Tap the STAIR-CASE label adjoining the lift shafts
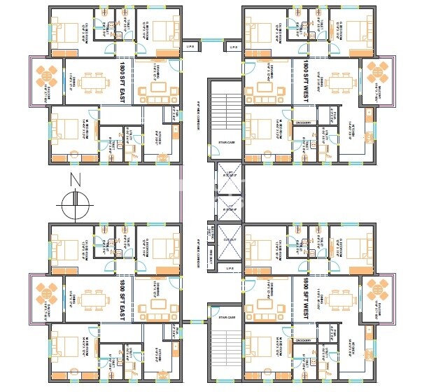point(225,143)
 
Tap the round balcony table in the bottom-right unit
point(377,288)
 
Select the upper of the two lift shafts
point(229,180)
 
